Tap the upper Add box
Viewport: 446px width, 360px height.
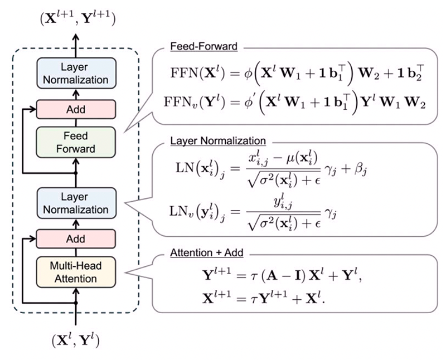click(75, 109)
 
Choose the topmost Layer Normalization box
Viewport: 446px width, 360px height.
click(75, 72)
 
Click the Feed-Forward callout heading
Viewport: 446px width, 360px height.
click(204, 47)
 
